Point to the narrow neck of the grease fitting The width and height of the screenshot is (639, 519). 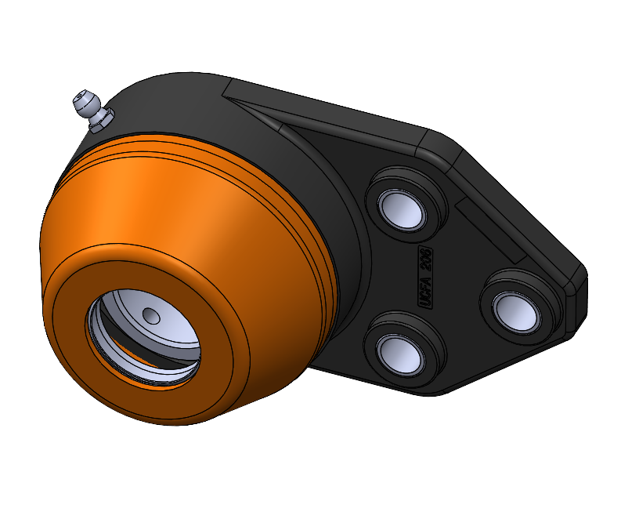point(92,109)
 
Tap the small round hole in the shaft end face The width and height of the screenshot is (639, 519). point(152,314)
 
